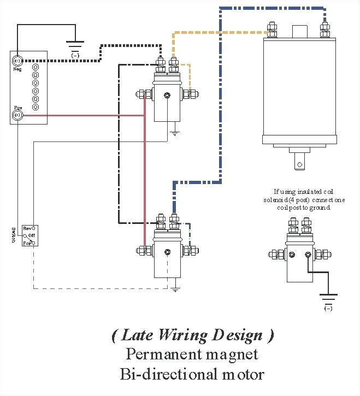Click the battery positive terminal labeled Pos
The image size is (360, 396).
tap(17, 115)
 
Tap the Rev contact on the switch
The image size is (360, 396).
tap(33, 228)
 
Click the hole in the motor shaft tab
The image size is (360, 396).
tap(298, 162)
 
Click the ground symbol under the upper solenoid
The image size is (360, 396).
tap(174, 132)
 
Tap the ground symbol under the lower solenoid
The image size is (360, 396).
tap(174, 287)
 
